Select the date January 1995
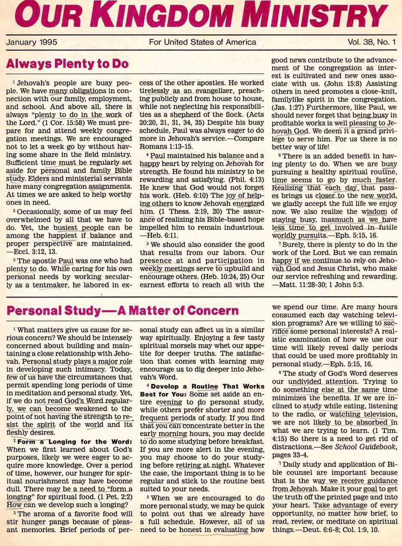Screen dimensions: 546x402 click(32, 42)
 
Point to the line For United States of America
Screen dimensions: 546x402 click(202, 42)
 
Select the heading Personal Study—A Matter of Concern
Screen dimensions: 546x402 click(122, 310)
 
